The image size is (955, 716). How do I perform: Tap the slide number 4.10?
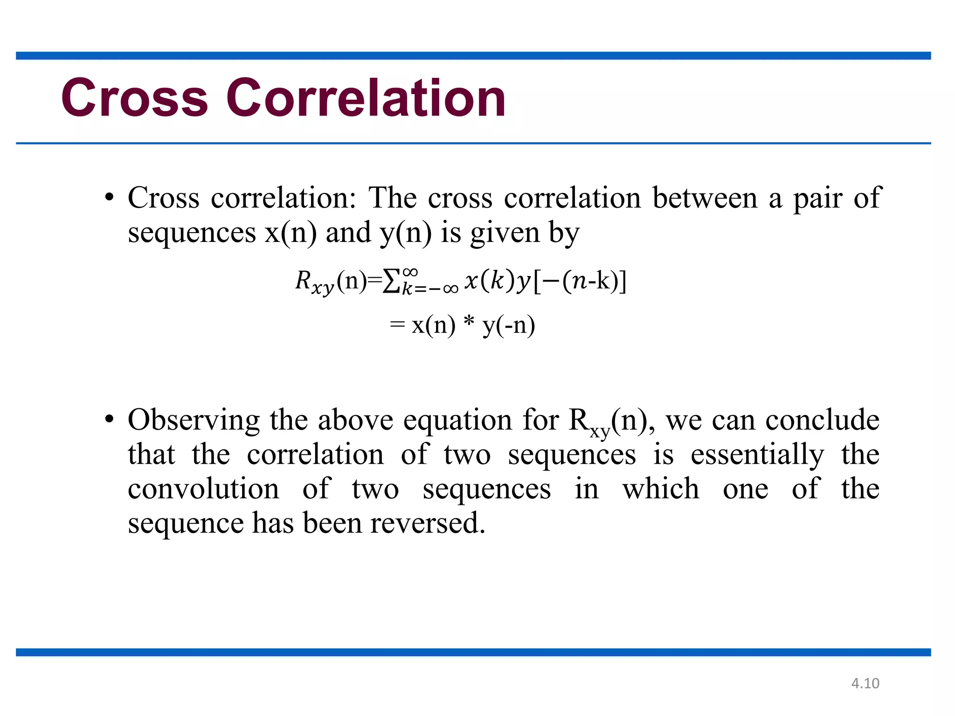click(x=865, y=683)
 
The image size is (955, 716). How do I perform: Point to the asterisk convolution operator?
click(x=469, y=323)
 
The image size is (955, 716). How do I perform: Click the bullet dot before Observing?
click(x=109, y=420)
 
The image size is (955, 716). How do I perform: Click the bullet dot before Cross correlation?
click(x=109, y=198)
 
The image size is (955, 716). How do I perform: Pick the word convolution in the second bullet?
click(x=203, y=489)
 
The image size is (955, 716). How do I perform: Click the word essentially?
click(x=757, y=455)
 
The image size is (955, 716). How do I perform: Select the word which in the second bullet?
click(x=661, y=489)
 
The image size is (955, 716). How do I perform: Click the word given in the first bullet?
click(x=505, y=233)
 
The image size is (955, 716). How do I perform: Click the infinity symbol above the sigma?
click(x=410, y=272)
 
